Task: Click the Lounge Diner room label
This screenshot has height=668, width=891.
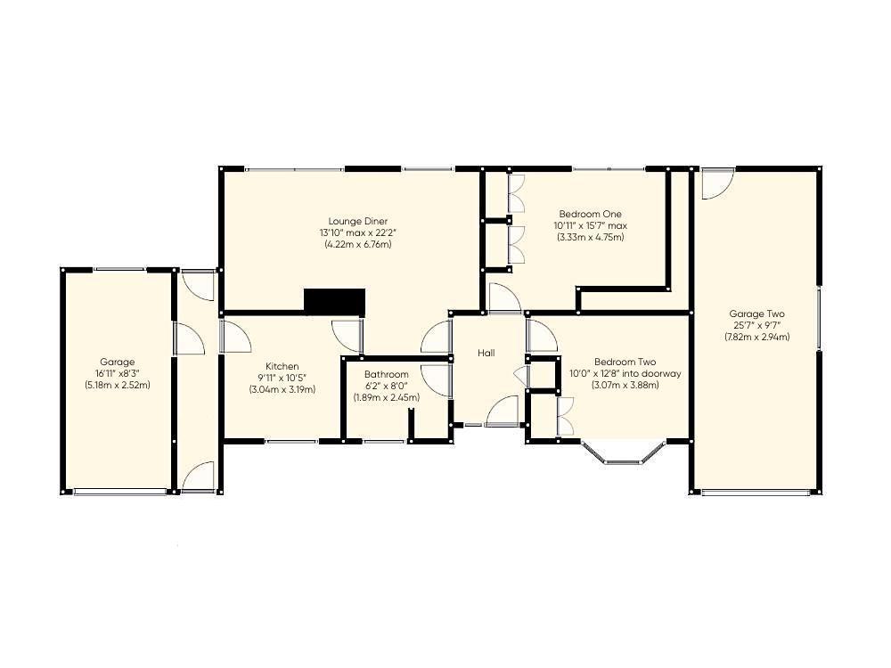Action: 358,221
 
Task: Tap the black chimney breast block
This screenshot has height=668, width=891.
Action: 334,301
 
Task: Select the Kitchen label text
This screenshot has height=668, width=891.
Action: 282,366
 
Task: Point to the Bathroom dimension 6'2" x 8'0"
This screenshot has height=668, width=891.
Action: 387,387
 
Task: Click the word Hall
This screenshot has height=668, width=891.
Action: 486,353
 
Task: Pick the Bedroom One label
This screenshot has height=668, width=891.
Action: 591,214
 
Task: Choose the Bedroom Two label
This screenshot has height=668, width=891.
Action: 625,362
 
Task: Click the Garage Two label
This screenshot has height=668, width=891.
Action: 756,314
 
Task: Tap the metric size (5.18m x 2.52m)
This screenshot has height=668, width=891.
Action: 117,385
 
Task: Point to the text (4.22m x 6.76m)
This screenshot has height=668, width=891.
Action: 358,245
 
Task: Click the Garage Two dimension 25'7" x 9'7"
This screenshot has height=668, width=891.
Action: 756,325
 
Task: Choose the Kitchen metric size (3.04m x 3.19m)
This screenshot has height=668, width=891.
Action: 282,390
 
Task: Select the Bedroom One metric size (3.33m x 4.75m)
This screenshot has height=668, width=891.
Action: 591,238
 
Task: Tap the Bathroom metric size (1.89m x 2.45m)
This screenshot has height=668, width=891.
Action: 387,397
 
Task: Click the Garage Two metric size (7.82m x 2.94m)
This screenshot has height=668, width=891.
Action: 756,337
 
